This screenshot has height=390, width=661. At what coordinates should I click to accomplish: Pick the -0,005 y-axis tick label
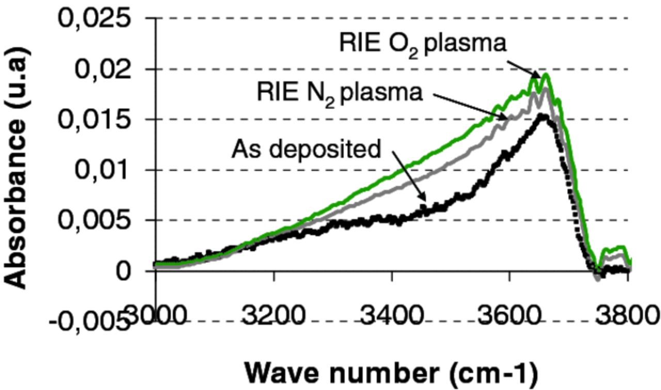tap(88, 322)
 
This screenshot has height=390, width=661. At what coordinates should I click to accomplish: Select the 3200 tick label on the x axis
tap(274, 314)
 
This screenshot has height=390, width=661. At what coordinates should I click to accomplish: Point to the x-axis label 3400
tap(392, 314)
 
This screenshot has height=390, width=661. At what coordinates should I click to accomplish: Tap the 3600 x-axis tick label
tap(510, 314)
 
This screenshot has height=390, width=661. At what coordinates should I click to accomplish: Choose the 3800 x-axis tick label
tap(627, 314)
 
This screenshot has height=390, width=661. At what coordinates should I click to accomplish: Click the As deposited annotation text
tap(306, 149)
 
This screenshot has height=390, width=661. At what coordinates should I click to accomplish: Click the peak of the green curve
tap(545, 74)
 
